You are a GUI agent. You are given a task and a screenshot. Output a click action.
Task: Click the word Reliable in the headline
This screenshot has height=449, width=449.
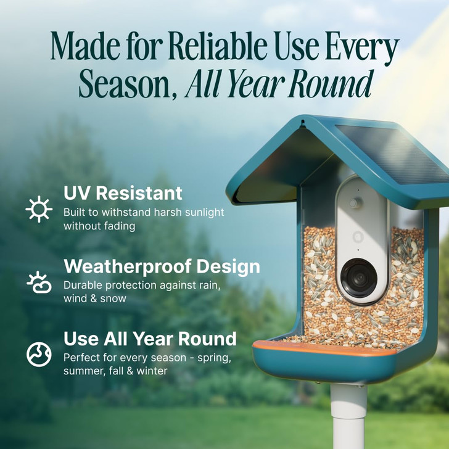211,49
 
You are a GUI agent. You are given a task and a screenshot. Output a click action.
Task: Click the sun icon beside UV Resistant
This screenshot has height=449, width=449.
39,209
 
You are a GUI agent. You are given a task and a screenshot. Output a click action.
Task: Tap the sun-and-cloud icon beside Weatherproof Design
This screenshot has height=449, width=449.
39,281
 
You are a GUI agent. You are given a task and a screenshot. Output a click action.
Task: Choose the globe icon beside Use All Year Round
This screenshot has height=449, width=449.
39,354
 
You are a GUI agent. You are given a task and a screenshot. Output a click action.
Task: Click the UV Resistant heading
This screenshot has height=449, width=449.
123,193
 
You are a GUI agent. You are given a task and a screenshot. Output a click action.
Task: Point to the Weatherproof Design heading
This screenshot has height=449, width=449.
162,266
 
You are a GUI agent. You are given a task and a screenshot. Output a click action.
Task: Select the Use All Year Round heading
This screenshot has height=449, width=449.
150,339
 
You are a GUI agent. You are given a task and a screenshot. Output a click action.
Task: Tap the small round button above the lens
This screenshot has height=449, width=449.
357,237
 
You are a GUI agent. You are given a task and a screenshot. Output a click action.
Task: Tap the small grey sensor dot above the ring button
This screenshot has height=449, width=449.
355,203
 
